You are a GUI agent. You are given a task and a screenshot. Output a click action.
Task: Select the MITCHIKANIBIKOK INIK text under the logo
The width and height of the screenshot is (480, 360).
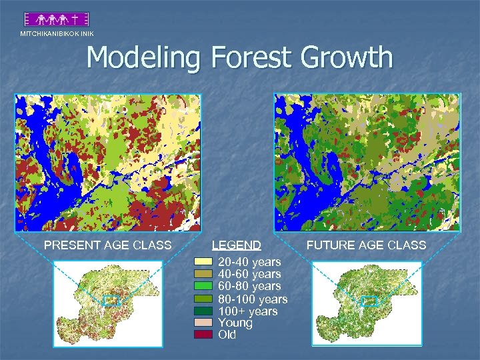pyautogui.click(x=57, y=33)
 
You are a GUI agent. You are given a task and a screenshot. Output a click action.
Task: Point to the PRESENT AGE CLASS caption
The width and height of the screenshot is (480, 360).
pyautogui.click(x=107, y=245)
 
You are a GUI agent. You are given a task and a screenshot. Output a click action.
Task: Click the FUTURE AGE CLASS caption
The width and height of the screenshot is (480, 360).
pyautogui.click(x=366, y=245)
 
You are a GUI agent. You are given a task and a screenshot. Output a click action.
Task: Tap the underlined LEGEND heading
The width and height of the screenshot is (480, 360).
pyautogui.click(x=236, y=245)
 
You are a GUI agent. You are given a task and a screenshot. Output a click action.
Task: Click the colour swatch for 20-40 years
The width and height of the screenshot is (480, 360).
pyautogui.click(x=203, y=262)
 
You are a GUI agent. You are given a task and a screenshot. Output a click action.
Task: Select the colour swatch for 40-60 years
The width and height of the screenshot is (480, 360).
pyautogui.click(x=203, y=274)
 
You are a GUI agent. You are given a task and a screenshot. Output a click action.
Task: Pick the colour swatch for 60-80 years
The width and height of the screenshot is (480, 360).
pyautogui.click(x=203, y=286)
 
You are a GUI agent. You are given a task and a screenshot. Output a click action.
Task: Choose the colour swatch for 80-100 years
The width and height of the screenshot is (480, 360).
pyautogui.click(x=203, y=299)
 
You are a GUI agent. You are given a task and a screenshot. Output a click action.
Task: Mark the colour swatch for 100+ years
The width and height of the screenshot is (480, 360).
pyautogui.click(x=203, y=311)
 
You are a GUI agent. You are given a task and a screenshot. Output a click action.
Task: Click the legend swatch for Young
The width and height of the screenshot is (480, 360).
pyautogui.click(x=203, y=323)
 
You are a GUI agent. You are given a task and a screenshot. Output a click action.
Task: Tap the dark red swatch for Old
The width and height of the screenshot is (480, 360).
pyautogui.click(x=203, y=335)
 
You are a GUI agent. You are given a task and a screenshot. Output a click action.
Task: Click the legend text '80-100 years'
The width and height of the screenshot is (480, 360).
pyautogui.click(x=253, y=299)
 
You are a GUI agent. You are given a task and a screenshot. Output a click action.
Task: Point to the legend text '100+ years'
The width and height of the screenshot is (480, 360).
pyautogui.click(x=247, y=311)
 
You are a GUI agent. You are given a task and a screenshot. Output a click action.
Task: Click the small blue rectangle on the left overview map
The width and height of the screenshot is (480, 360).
pyautogui.click(x=111, y=301)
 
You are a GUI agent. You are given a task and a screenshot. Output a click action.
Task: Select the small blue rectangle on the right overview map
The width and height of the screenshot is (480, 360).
pyautogui.click(x=369, y=301)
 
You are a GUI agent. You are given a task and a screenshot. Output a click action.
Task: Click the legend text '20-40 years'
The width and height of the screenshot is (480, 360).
pyautogui.click(x=249, y=262)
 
